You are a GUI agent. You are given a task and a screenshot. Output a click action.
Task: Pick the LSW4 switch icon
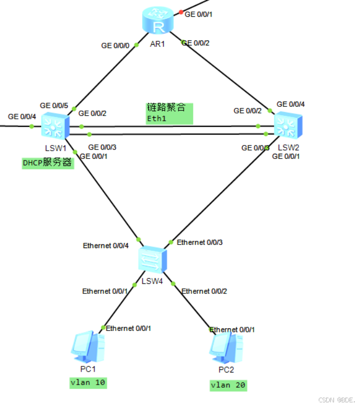click(153, 259)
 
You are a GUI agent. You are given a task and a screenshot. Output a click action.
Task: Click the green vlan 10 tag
click(88, 383)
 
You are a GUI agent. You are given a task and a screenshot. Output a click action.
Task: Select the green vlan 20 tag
click(227, 386)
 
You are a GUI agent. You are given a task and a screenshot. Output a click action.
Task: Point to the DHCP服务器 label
click(47, 163)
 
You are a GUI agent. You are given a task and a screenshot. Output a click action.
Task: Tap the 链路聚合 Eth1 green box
click(169, 114)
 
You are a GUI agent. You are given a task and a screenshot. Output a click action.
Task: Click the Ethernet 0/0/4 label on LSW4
click(105, 245)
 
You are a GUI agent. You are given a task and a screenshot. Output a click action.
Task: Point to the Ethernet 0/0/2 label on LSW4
click(203, 291)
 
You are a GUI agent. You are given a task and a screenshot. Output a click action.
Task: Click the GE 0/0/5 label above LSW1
click(54, 105)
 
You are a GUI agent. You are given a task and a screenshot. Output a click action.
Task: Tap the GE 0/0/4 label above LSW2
click(291, 104)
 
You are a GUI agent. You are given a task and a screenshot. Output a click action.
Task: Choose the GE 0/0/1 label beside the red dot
click(199, 14)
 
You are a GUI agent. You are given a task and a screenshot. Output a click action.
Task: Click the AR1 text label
click(157, 44)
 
